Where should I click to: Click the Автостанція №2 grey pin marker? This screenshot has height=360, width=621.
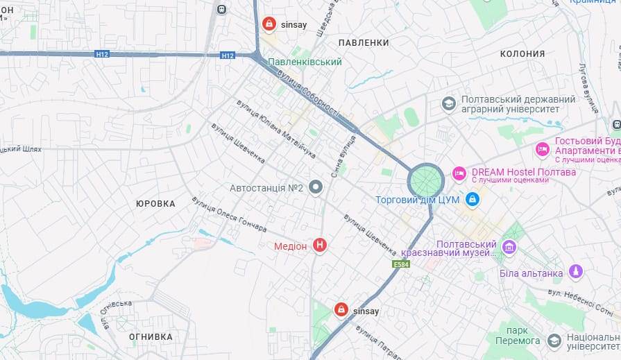point(316,187)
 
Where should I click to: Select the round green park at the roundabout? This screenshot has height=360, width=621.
point(425,180)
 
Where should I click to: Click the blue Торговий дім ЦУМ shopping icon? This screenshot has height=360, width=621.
point(473,200)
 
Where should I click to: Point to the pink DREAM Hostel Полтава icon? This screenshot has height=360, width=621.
point(459,173)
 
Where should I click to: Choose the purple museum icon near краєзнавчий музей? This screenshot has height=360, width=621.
point(509,247)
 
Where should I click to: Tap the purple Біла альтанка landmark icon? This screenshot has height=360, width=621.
point(575,271)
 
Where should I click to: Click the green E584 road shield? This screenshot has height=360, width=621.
point(401,264)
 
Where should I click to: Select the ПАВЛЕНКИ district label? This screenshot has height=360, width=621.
point(364,43)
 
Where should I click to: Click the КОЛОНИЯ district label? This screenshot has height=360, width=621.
point(522,53)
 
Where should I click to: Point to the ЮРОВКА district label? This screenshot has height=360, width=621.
point(155,203)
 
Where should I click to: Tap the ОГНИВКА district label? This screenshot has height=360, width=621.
point(151,337)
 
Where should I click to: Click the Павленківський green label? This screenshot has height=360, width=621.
point(295,62)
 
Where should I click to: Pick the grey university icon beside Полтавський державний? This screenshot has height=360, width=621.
point(449,104)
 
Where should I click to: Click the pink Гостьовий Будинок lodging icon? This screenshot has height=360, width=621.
point(543,148)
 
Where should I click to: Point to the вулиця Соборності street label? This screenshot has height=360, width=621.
point(308,92)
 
